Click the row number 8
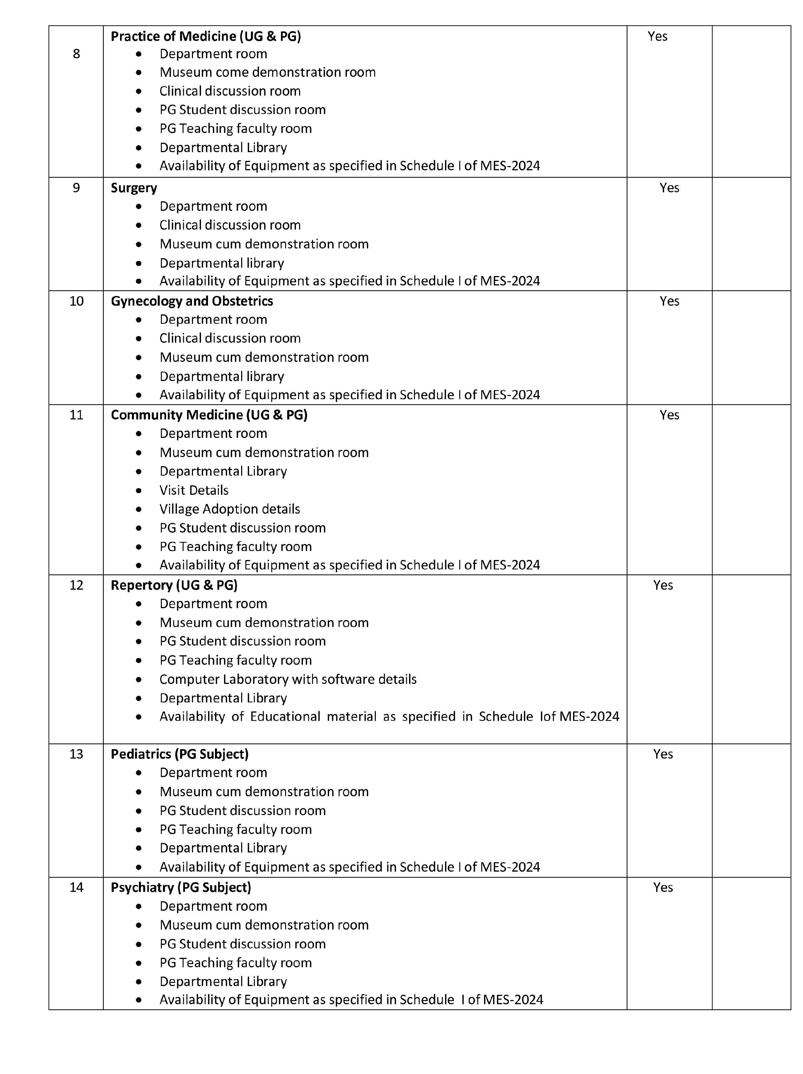(x=76, y=54)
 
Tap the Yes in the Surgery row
(x=669, y=188)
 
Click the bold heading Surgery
(x=134, y=188)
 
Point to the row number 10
(x=76, y=301)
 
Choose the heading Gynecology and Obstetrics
(x=192, y=301)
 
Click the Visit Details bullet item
(x=194, y=490)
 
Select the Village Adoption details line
(x=230, y=509)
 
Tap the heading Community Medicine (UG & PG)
(x=209, y=415)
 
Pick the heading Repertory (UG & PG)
(x=174, y=585)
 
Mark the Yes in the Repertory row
(x=662, y=585)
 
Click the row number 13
(x=76, y=754)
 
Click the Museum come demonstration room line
(x=268, y=72)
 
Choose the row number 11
(x=76, y=415)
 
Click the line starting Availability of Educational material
(x=389, y=717)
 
